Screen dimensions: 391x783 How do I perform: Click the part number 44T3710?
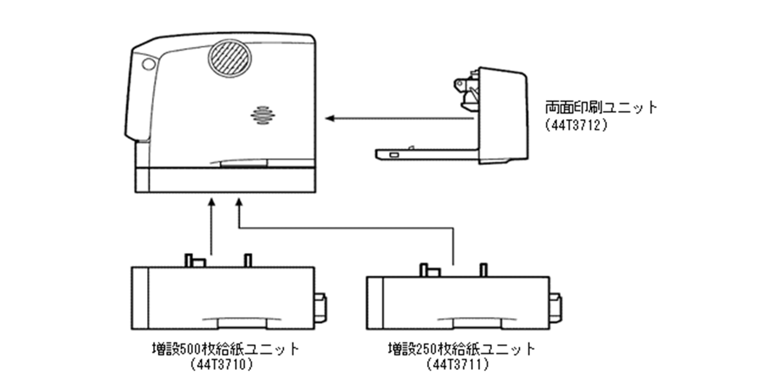pyautogui.click(x=220, y=365)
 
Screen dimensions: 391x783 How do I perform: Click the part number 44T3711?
pyautogui.click(x=457, y=365)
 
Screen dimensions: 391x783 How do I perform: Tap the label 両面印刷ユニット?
pyautogui.click(x=601, y=108)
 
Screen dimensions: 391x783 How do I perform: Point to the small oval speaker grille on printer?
pyautogui.click(x=263, y=116)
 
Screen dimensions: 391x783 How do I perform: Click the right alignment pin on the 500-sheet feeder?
pyautogui.click(x=247, y=260)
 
